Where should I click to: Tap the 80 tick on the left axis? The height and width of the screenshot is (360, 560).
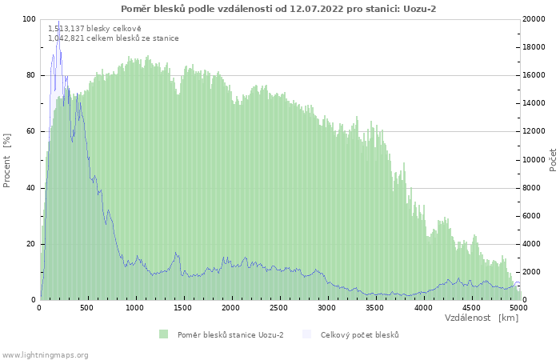[x=31, y=75]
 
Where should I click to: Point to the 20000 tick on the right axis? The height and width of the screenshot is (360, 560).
[x=535, y=19]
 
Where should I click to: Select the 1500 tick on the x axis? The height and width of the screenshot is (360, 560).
[x=183, y=307]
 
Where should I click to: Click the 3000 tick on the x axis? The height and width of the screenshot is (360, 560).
[x=327, y=307]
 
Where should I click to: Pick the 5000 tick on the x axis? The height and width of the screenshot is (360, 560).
[x=518, y=307]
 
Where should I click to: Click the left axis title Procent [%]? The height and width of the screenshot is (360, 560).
[x=7, y=160]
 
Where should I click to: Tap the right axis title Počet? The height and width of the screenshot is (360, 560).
[x=553, y=160]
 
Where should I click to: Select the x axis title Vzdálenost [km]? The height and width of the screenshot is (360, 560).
[x=482, y=318]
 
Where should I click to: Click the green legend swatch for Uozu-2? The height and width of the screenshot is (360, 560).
[x=164, y=334]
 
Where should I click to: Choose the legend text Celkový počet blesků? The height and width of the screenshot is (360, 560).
[x=359, y=334]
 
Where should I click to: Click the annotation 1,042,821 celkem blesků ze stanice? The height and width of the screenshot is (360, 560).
[x=114, y=38]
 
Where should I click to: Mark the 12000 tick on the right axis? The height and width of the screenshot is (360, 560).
[x=535, y=131]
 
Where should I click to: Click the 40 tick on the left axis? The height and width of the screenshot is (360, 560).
[x=31, y=188]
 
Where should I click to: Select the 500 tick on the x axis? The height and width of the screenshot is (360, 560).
[x=87, y=307]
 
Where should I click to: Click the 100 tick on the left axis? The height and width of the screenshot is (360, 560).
[x=29, y=19]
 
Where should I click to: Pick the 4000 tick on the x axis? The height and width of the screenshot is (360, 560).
[x=423, y=307]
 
